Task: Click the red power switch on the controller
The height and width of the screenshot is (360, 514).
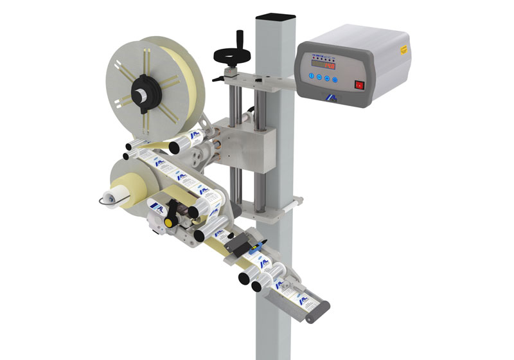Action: click(x=360, y=84)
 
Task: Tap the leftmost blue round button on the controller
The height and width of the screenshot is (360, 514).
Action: click(x=310, y=76)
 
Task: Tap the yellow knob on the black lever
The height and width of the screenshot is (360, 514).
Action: click(x=168, y=222)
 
